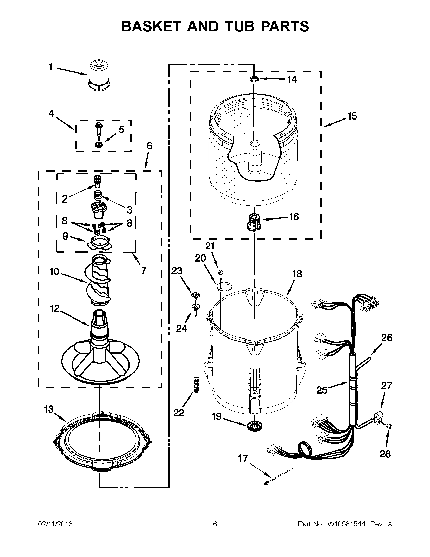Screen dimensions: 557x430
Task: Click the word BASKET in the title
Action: tap(152, 26)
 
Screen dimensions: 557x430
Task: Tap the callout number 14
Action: tap(292, 79)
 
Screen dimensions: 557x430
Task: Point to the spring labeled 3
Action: tap(98, 196)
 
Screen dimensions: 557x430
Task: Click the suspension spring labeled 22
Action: tap(196, 384)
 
